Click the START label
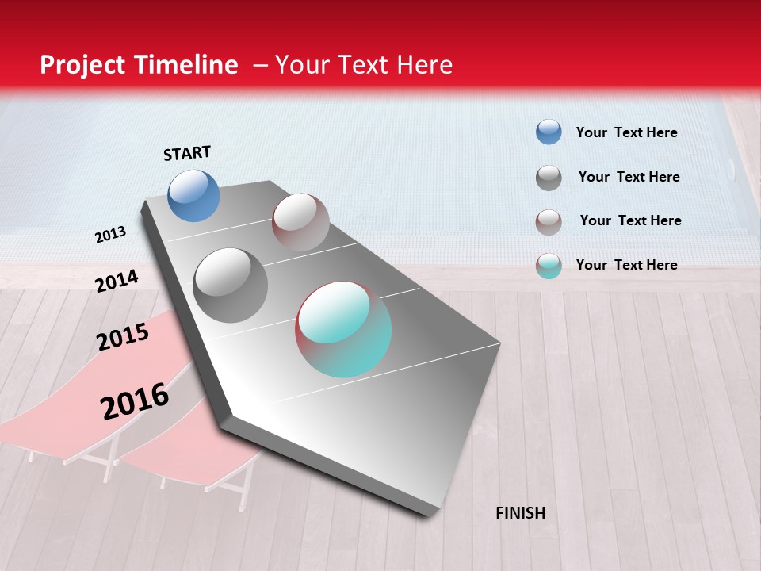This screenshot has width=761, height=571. pos(187,153)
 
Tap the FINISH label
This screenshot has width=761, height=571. pos(521,513)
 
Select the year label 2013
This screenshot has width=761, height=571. pos(110,235)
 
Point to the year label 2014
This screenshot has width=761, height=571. pos(117,281)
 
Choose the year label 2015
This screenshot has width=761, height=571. pos(123,336)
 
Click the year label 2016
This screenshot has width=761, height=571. pos(135,400)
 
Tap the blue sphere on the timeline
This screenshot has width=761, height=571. pos(194,195)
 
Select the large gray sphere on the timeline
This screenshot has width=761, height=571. pos(231,285)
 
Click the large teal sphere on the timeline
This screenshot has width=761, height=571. pos(343,328)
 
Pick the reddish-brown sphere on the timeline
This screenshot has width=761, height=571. pos(300,222)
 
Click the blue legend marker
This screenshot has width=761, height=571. pos(549,132)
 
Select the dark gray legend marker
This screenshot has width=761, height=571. pos(549,177)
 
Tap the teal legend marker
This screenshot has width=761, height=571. pos(549,266)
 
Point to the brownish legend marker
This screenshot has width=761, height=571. pos(549,221)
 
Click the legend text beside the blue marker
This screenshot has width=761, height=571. pos(626,132)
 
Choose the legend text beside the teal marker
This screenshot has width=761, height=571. pos(626,265)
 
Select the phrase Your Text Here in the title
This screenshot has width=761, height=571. pos(364,65)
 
